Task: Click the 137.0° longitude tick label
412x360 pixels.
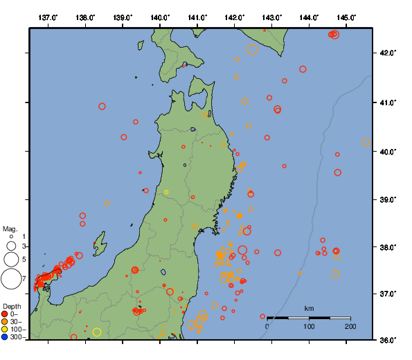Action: coord(48,17)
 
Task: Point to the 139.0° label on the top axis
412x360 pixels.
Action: coord(123,17)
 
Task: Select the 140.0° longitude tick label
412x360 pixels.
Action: coord(160,17)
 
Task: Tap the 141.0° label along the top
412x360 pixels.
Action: coord(197,17)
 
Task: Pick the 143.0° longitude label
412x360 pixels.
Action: coord(272,17)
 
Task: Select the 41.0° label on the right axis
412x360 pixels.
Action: coord(389,102)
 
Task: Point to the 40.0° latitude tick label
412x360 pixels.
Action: coord(389,151)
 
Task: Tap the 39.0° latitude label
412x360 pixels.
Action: coord(389,199)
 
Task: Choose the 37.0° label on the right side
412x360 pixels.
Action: coord(389,294)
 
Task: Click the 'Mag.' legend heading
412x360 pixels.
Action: coord(10,228)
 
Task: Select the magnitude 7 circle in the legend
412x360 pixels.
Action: coord(10,279)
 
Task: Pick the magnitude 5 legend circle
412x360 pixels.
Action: coord(10,260)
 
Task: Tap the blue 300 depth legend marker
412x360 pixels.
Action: coord(5,337)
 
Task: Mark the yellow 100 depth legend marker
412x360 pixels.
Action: coord(5,330)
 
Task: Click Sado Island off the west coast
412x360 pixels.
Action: coord(100,244)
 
